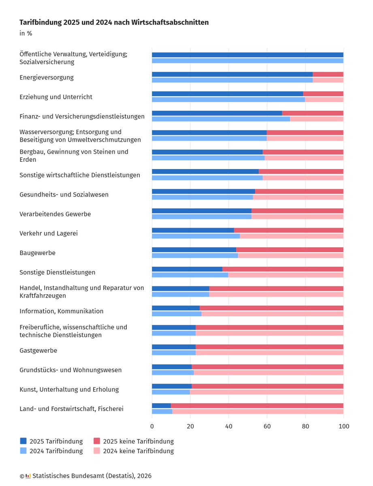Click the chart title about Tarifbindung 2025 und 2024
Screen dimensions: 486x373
pyautogui.click(x=114, y=23)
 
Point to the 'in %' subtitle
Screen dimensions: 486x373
pyautogui.click(x=26, y=34)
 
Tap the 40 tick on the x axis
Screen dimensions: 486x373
pyautogui.click(x=228, y=426)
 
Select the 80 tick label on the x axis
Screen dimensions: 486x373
pyautogui.click(x=305, y=426)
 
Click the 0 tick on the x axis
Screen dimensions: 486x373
pyautogui.click(x=152, y=426)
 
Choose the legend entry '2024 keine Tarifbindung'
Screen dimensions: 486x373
pyautogui.click(x=138, y=451)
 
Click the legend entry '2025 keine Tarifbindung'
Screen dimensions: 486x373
pyautogui.click(x=138, y=441)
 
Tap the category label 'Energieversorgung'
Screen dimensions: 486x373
pyautogui.click(x=47, y=77)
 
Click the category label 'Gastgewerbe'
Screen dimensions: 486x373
pyautogui.click(x=38, y=350)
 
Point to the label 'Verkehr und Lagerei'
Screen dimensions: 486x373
pyautogui.click(x=49, y=233)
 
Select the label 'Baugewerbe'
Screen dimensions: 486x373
pyautogui.click(x=37, y=253)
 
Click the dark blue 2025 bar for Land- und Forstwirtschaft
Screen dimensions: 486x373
pyautogui.click(x=161, y=406)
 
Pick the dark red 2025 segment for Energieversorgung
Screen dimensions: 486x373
pyautogui.click(x=328, y=74)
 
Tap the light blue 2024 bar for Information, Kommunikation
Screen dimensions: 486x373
pyautogui.click(x=177, y=314)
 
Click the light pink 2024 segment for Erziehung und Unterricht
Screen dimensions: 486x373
pyautogui.click(x=324, y=100)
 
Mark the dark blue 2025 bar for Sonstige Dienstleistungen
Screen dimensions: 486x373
pyautogui.click(x=187, y=269)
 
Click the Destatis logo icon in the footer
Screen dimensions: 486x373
pyautogui.click(x=28, y=476)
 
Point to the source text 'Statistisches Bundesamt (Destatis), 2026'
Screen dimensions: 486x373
pyautogui.click(x=92, y=476)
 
